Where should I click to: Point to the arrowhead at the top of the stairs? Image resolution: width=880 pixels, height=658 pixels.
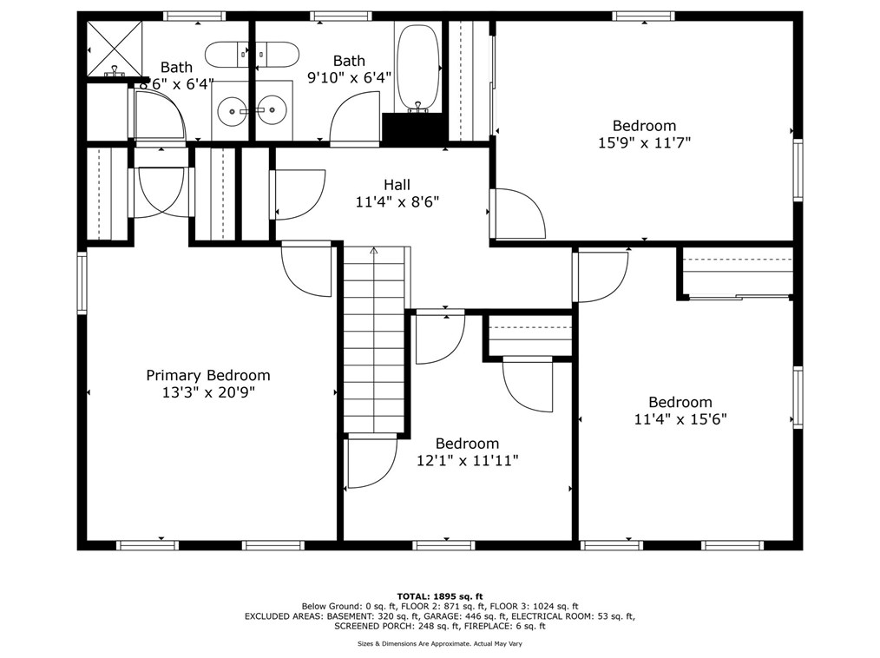tap(374, 252)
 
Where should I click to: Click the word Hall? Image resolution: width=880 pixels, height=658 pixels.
tap(397, 185)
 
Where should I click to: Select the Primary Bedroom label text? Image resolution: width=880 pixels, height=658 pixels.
tap(207, 376)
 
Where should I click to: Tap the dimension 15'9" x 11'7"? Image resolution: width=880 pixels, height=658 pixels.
tap(644, 143)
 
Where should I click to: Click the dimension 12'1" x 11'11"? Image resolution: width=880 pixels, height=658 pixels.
tap(467, 461)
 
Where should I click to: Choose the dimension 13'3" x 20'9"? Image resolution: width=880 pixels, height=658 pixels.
tap(207, 392)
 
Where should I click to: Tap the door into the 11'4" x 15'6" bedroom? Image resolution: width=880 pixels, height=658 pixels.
tap(600, 276)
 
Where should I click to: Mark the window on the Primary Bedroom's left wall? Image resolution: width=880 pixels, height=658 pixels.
tap(82, 282)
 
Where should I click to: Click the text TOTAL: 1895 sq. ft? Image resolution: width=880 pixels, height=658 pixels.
tap(440, 596)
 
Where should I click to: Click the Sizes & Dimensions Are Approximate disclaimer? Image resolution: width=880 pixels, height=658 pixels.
tap(440, 644)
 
